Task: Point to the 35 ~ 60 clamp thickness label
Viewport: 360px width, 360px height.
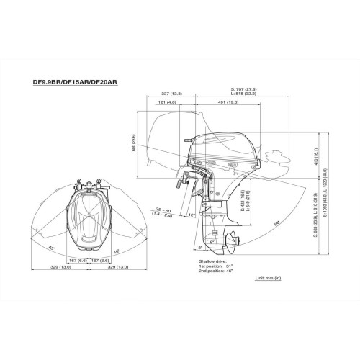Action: tap(163, 210)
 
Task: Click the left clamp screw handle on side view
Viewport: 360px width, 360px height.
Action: tap(176, 189)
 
